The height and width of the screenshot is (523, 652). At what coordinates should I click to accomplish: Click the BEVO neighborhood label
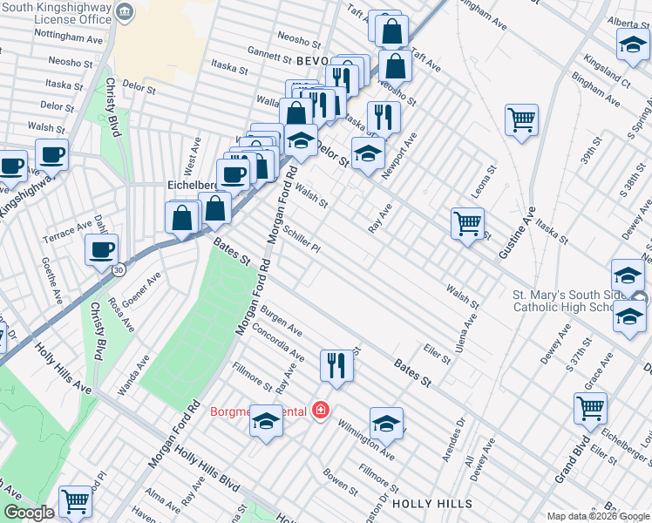pos(311,60)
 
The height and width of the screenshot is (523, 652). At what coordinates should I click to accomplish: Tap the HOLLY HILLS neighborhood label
pos(431,504)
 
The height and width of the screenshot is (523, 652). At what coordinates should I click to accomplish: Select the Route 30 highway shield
pos(119,269)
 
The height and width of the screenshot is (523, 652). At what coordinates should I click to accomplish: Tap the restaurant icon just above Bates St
pos(336,365)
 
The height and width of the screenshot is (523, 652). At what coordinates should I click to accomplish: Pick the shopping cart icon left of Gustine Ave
pos(468,223)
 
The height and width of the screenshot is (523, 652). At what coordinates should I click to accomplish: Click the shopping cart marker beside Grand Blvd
pos(590,407)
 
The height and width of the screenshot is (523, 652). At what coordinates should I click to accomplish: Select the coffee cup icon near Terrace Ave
pos(101,249)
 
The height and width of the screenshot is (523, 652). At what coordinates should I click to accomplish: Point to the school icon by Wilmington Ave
pos(386,423)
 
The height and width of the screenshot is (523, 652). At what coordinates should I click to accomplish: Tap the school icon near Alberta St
pos(632,44)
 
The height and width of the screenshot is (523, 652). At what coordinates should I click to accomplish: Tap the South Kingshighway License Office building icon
pos(125,11)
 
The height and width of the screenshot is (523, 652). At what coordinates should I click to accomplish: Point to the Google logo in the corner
pos(29,513)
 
